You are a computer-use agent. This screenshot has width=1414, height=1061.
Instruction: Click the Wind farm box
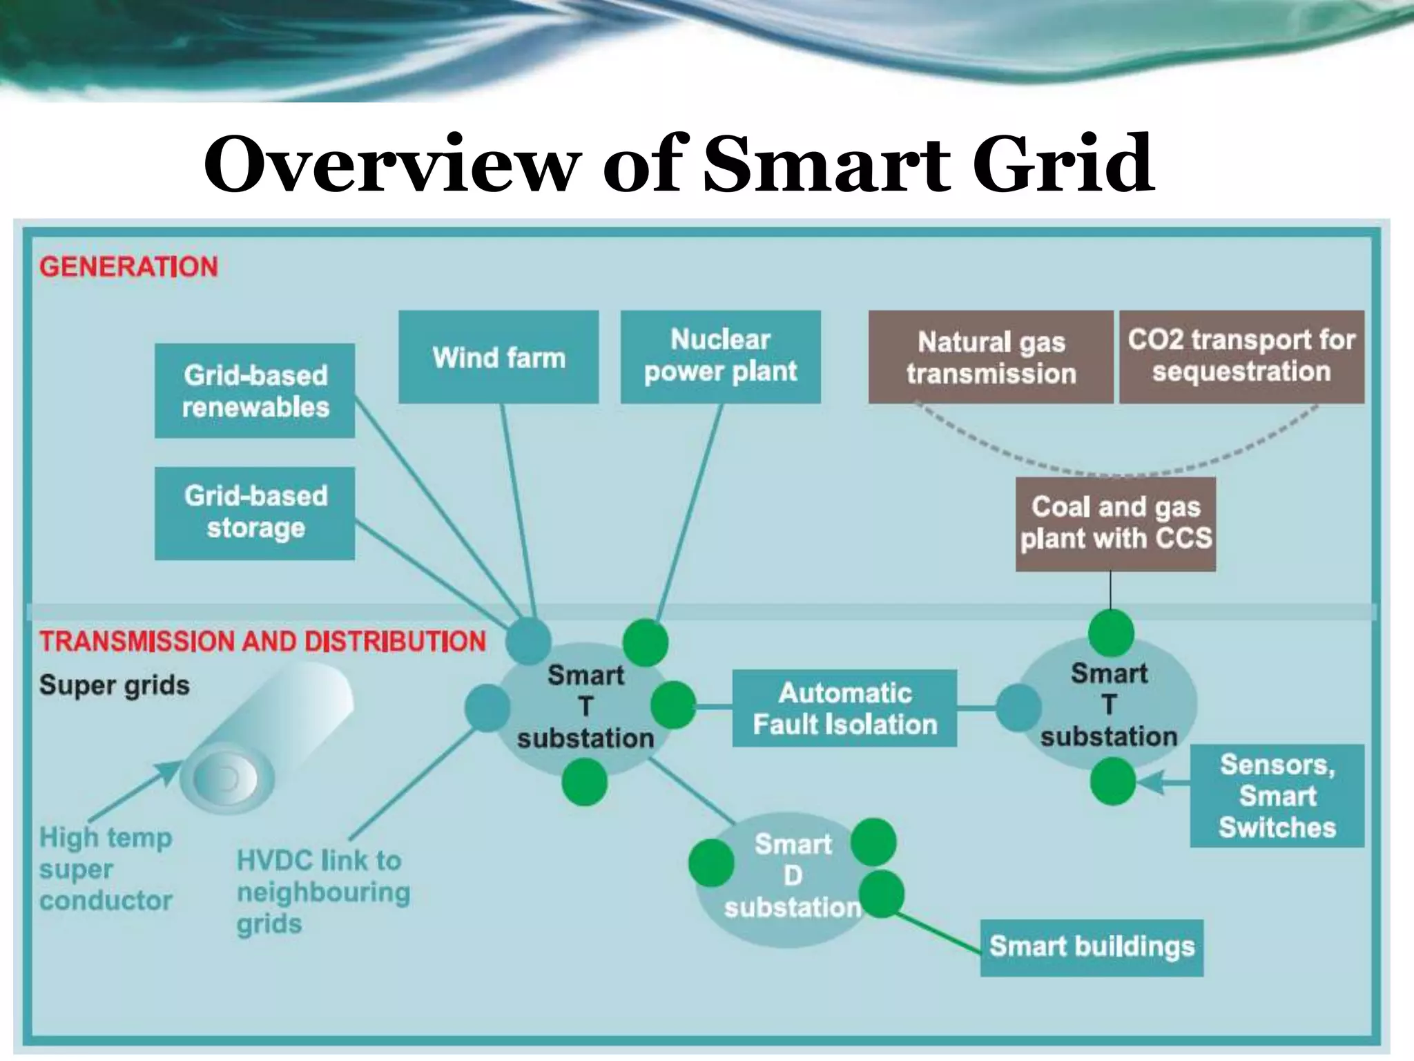[498, 357]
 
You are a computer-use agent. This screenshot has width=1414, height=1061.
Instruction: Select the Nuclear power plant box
[720, 356]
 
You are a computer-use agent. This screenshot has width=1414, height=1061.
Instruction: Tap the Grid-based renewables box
[255, 391]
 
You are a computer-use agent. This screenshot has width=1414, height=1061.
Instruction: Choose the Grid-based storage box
[255, 513]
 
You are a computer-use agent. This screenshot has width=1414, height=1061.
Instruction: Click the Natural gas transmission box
[991, 357]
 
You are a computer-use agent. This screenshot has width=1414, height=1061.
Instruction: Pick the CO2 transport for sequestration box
[1241, 356]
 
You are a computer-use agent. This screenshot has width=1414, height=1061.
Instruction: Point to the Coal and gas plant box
[1115, 524]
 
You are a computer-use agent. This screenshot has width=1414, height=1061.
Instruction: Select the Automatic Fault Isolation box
[844, 708]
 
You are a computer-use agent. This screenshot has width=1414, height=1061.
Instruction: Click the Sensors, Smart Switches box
[1277, 796]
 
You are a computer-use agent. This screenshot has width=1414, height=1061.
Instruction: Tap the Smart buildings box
[1092, 947]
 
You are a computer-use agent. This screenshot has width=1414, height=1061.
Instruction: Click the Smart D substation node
[792, 876]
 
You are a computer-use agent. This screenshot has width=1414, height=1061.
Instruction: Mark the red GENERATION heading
[128, 267]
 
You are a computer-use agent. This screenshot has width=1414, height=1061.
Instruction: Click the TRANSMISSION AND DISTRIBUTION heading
[262, 641]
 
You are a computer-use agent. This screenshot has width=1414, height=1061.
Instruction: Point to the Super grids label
[114, 685]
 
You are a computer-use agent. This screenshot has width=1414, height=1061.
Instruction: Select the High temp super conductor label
[106, 869]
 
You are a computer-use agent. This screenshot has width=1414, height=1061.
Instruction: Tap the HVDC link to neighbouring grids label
[323, 892]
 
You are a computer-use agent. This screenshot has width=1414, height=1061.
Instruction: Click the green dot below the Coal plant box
[1111, 633]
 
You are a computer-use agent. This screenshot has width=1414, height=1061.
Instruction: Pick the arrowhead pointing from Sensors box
[1147, 783]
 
